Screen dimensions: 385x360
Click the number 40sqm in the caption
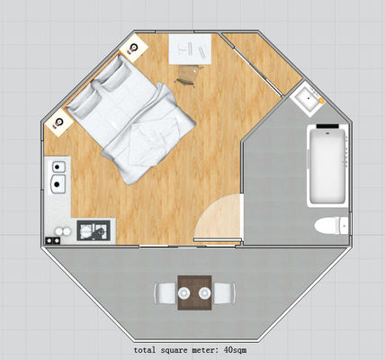pyautogui.click(x=235, y=350)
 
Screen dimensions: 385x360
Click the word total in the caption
pyautogui.click(x=145, y=350)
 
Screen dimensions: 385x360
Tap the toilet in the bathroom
pyautogui.click(x=332, y=226)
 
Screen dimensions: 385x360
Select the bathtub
pyautogui.click(x=327, y=166)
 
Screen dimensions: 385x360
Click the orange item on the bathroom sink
pyautogui.click(x=321, y=101)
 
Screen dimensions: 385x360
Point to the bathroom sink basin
pyautogui.click(x=307, y=98)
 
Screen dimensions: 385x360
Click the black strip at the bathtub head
pyautogui.click(x=327, y=127)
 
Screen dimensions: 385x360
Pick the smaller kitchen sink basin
pyautogui.click(x=58, y=166)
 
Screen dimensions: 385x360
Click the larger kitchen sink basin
pyautogui.click(x=58, y=184)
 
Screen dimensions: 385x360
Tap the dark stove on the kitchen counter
pyautogui.click(x=94, y=230)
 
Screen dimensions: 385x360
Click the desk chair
pyautogui.click(x=187, y=75)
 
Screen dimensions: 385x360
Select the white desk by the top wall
pyautogui.click(x=190, y=49)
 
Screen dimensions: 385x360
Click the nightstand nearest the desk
pyautogui.click(x=134, y=48)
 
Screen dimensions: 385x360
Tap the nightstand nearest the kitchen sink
pyautogui.click(x=58, y=122)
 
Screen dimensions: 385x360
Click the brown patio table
pyautogui.click(x=195, y=292)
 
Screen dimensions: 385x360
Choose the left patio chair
pyautogui.click(x=164, y=293)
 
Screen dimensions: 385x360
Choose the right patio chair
pyautogui.click(x=225, y=293)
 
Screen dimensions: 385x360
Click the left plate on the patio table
pyautogui.click(x=184, y=292)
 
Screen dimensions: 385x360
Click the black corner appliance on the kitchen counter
pyautogui.click(x=52, y=240)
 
